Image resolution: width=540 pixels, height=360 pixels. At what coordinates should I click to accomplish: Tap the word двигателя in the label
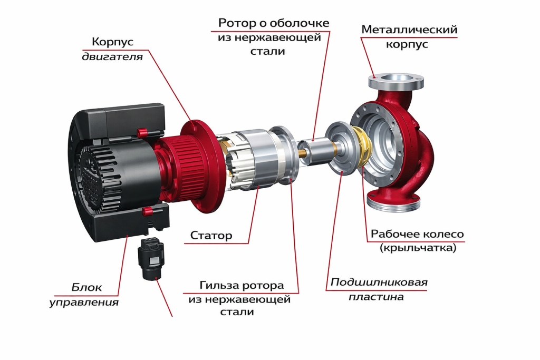(112, 56)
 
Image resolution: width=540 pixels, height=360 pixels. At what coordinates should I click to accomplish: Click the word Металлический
(409, 30)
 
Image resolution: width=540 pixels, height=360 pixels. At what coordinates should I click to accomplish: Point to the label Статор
(211, 236)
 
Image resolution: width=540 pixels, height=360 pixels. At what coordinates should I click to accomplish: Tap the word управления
(84, 303)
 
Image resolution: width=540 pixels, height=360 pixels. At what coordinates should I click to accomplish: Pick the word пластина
(376, 297)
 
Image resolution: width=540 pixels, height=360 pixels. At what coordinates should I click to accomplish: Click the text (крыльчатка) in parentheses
(417, 248)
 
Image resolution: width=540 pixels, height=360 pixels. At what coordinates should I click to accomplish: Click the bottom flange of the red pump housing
(393, 202)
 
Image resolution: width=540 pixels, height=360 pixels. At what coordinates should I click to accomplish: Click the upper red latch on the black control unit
(141, 131)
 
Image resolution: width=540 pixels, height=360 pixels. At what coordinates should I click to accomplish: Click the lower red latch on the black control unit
(148, 211)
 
